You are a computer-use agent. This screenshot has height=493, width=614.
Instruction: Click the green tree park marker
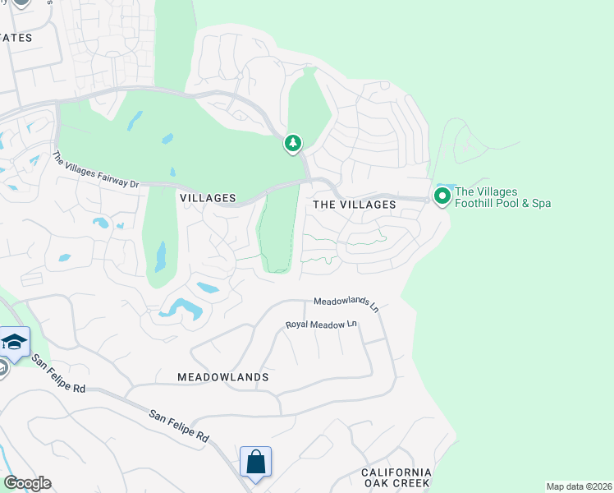(x=293, y=144)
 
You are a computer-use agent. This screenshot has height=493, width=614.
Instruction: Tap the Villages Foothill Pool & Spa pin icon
(x=442, y=196)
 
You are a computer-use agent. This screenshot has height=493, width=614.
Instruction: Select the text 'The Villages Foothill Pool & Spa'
(x=502, y=197)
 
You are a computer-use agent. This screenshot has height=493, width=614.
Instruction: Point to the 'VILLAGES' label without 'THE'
(x=208, y=199)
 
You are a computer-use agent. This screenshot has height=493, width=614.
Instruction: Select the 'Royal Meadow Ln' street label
(x=322, y=325)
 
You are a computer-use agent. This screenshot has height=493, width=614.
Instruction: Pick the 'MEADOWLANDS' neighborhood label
(x=223, y=377)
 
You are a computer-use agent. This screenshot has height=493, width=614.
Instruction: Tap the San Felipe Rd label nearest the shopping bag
(x=179, y=427)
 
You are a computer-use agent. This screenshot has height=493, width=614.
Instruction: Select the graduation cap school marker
(x=15, y=342)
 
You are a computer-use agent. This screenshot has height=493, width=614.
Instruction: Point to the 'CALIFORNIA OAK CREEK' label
(x=396, y=477)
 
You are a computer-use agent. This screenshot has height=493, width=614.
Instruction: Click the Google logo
(x=27, y=483)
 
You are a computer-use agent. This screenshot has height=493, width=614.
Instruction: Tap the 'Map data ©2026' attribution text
(x=579, y=486)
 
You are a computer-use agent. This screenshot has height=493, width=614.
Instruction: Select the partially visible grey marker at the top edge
(x=21, y=2)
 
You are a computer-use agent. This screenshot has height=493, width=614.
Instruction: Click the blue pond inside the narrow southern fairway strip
(x=160, y=256)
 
